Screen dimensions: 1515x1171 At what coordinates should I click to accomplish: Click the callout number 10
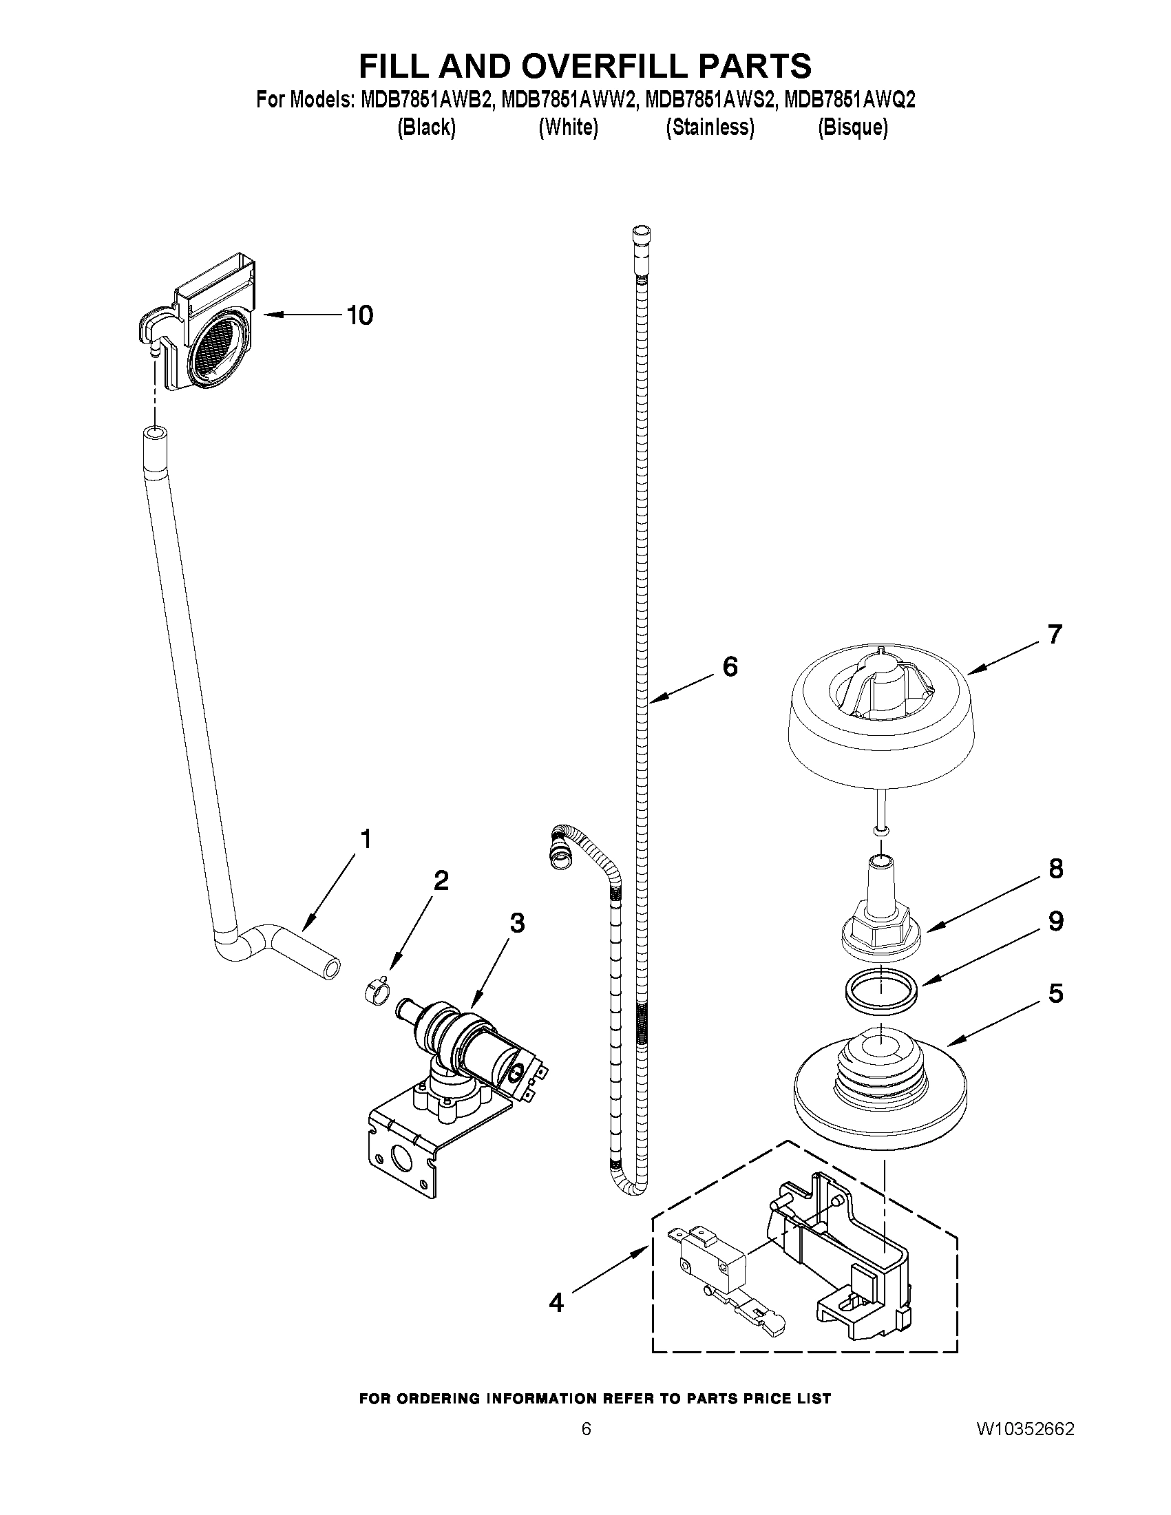point(360,316)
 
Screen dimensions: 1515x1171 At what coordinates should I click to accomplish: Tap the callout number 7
point(1055,634)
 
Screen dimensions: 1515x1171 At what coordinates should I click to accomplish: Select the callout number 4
point(556,1303)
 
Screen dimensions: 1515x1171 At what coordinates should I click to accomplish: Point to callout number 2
point(441,880)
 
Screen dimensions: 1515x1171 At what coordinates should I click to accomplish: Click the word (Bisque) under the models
point(852,127)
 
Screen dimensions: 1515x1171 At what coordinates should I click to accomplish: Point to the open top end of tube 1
point(156,434)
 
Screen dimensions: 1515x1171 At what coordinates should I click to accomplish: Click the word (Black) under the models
point(426,127)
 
